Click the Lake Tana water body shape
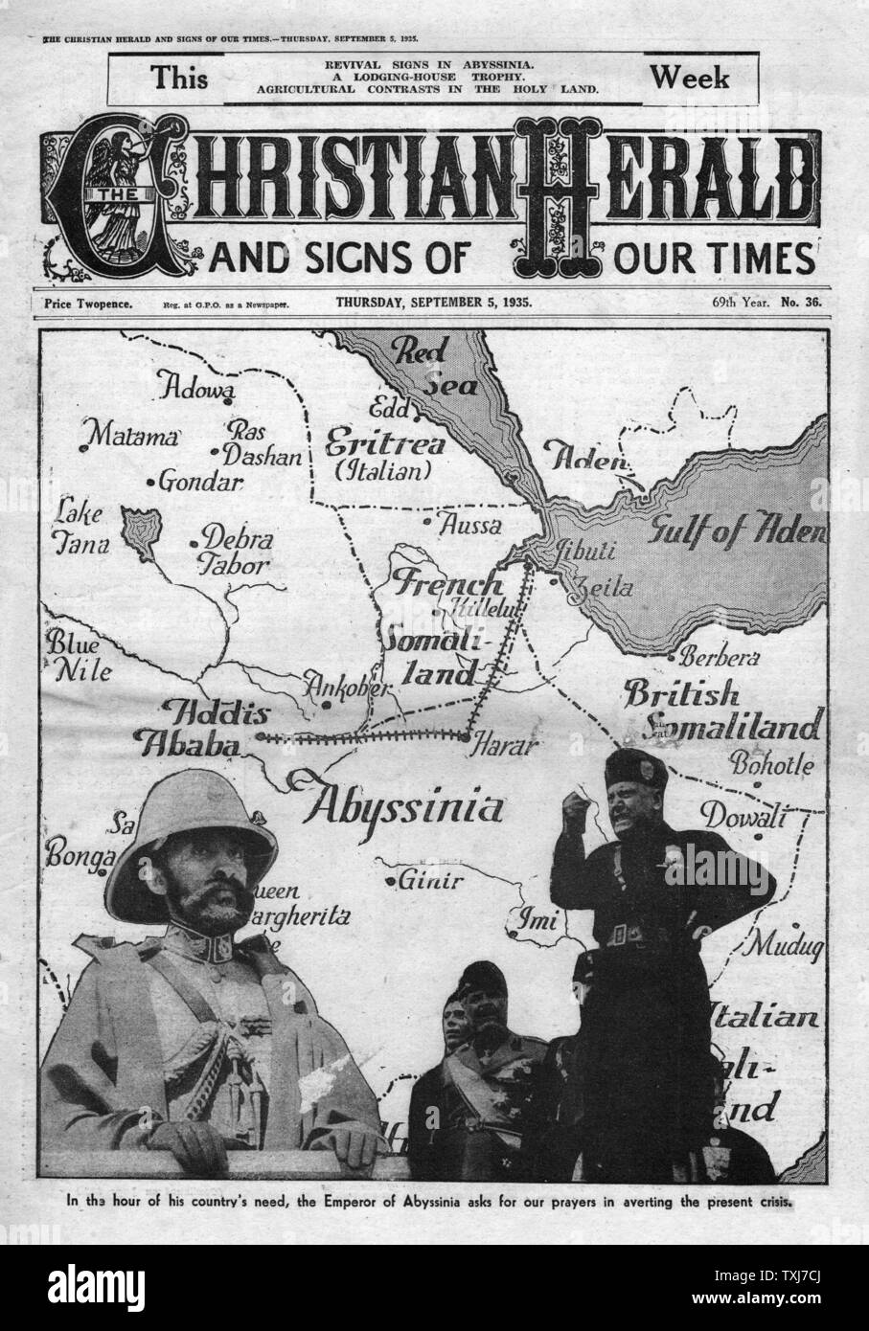pos(140,532)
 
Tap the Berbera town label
pos(719,659)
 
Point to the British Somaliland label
pos(720,710)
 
